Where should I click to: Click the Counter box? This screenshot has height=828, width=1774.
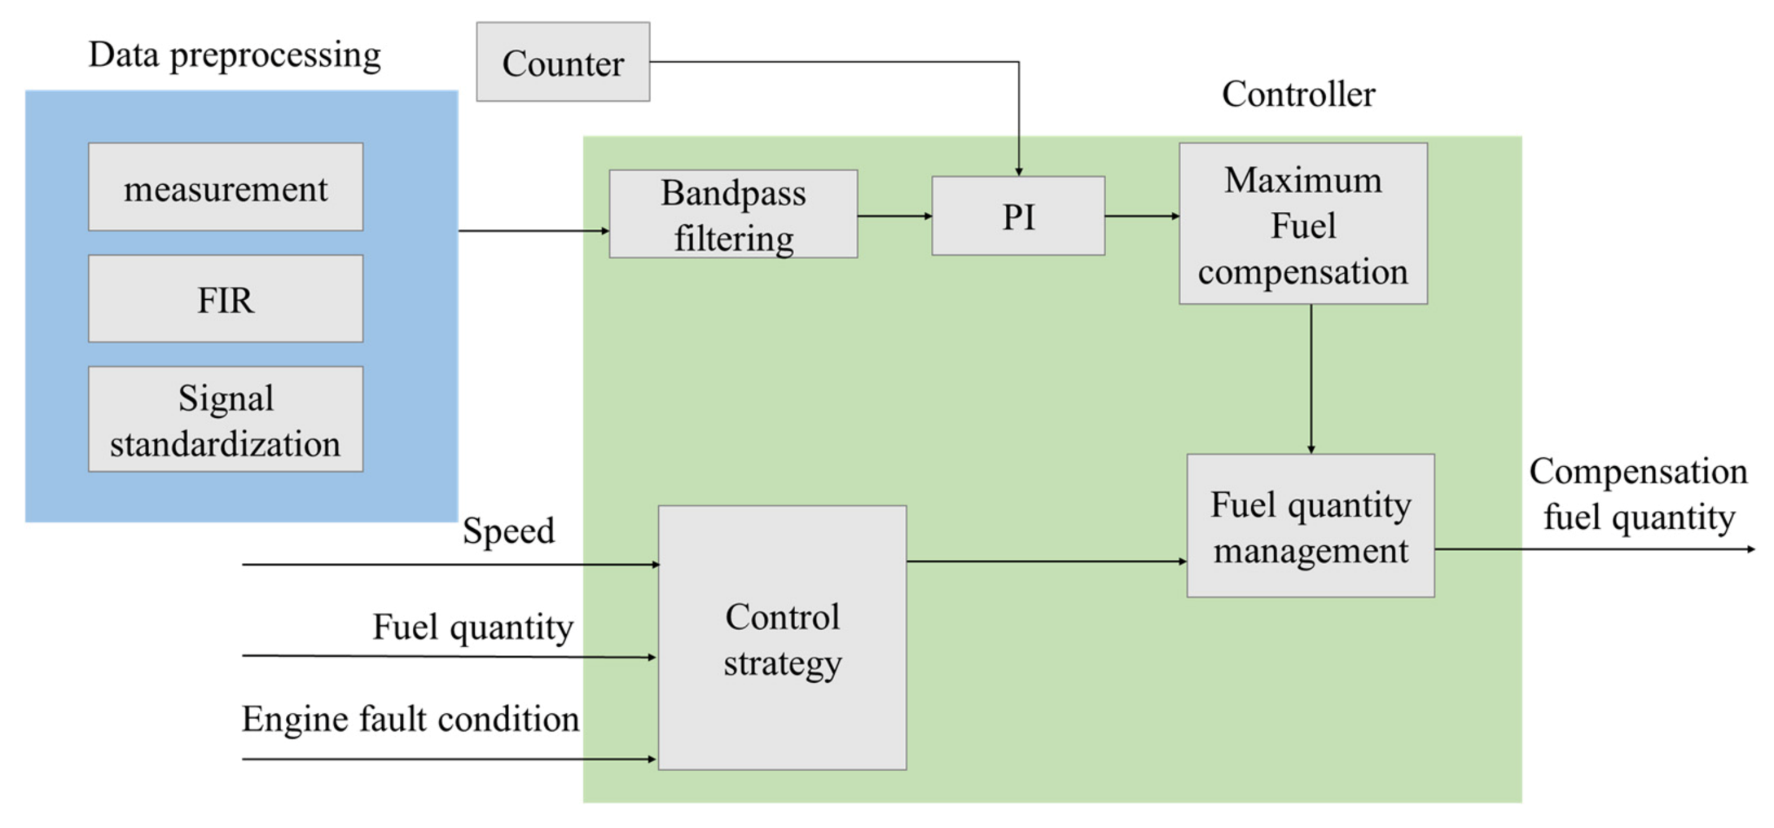[563, 62]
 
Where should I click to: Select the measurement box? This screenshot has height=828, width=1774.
[226, 187]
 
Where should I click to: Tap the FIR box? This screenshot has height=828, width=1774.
[226, 298]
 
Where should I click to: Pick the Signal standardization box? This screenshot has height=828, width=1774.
[226, 419]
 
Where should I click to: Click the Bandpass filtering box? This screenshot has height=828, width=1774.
[733, 214]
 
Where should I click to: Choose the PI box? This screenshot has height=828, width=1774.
[1018, 216]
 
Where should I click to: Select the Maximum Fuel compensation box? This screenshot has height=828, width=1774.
[1302, 224]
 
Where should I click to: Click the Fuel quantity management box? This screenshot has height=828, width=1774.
[1310, 526]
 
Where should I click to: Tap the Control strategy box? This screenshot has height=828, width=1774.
[782, 637]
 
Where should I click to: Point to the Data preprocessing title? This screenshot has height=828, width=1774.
[235, 55]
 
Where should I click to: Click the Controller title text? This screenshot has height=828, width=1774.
[1298, 95]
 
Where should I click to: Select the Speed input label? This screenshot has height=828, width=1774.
[508, 531]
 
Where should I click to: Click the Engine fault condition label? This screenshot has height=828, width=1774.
[411, 719]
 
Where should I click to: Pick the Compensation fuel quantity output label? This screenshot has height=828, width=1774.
[1638, 494]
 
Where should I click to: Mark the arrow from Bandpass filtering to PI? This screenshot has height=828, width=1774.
[894, 216]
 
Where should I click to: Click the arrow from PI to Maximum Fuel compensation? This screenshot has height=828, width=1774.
[1142, 216]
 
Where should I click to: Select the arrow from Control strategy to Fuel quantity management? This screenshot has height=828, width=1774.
[1047, 561]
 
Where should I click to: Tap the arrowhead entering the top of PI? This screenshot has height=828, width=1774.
[1018, 170]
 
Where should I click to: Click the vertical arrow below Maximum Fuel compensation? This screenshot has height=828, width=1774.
[1311, 379]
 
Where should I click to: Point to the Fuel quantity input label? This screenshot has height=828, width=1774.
[473, 628]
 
